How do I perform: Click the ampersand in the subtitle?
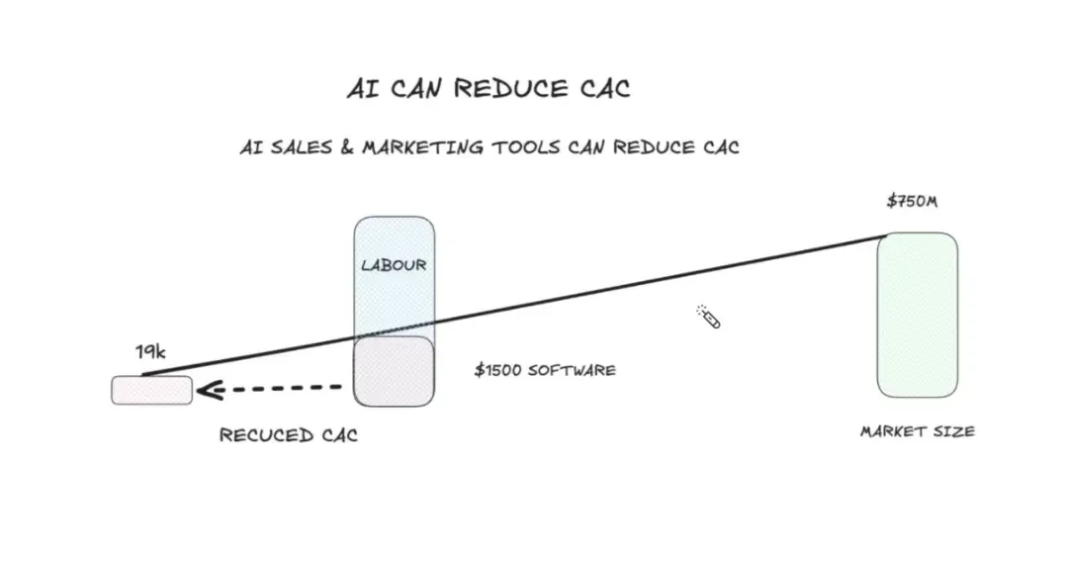coord(347,147)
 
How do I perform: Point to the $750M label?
coord(912,201)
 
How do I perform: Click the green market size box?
coord(918,315)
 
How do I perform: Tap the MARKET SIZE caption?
coord(918,431)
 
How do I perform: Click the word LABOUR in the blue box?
coord(394,264)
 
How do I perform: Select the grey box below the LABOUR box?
coord(394,371)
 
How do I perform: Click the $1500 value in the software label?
coord(498,370)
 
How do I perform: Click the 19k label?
coord(150,351)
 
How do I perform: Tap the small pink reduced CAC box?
coord(152,390)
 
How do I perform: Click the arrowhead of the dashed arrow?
coord(209,391)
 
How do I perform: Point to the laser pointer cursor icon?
coord(708,317)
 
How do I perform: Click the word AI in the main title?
coord(362,89)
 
